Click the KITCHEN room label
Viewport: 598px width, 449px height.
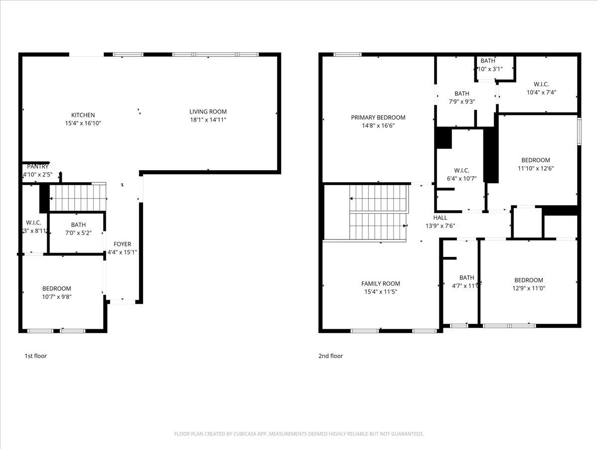(83, 115)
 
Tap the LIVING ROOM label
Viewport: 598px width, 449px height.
(208, 112)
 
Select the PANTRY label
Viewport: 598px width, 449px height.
(38, 167)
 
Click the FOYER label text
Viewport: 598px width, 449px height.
(122, 244)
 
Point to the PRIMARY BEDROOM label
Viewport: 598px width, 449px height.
(378, 118)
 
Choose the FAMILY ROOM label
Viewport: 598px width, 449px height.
(380, 284)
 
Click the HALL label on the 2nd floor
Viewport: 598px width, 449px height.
(440, 218)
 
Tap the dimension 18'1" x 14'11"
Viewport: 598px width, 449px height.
(208, 120)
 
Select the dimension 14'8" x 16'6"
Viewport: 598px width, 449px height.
(378, 126)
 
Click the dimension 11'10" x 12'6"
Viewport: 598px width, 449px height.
(535, 168)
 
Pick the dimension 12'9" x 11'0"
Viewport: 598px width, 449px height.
(528, 288)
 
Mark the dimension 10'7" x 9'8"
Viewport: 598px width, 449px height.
(56, 296)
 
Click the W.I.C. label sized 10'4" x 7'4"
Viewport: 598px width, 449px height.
(541, 84)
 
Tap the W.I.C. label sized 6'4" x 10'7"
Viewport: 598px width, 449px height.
(461, 171)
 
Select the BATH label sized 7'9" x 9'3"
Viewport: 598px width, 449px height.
(461, 93)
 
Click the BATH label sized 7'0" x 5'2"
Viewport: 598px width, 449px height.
(78, 225)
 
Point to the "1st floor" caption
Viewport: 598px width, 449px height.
(36, 356)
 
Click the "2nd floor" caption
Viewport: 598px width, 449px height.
(330, 356)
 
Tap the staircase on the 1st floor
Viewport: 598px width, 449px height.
(78, 198)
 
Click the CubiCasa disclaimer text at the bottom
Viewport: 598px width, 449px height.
(299, 434)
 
